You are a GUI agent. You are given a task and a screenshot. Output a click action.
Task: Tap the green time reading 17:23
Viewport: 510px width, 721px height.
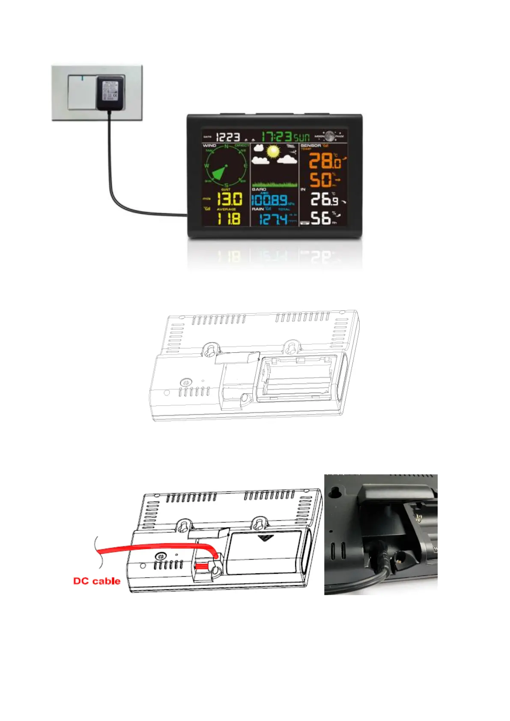[276, 137]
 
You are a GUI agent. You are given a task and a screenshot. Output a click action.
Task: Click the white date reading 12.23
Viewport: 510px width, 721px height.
[228, 137]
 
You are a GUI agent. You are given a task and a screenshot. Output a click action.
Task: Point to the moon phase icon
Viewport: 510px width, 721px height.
[329, 136]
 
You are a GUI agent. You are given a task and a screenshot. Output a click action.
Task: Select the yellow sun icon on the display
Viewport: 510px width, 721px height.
[273, 152]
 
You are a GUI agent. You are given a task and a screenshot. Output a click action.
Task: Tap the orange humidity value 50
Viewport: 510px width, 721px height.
[321, 180]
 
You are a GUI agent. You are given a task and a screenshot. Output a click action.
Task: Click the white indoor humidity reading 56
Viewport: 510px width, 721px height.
[321, 218]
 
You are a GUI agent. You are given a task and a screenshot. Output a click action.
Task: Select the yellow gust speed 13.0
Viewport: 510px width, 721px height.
[230, 199]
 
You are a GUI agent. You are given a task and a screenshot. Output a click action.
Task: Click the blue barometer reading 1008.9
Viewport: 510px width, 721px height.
[269, 200]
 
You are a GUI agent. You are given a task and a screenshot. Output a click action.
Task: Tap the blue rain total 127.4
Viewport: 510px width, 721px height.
[273, 219]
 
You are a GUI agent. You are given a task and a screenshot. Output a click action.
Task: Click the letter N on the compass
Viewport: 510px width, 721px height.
[227, 146]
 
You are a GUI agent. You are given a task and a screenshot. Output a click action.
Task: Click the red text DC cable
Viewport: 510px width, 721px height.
[97, 581]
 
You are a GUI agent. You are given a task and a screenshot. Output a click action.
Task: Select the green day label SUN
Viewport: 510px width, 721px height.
[301, 137]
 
